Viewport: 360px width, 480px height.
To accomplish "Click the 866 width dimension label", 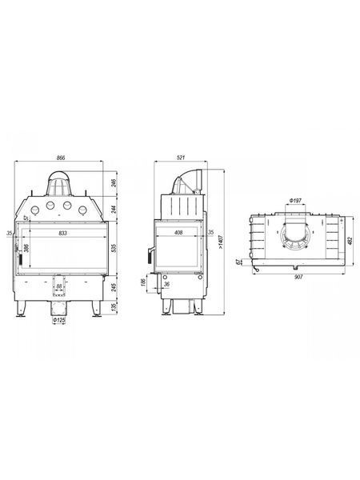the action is click(x=62, y=158).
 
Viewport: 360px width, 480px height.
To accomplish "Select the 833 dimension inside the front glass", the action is click(x=62, y=234).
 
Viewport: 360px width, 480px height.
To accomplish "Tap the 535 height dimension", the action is click(x=114, y=247).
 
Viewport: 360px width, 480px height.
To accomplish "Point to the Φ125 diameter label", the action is click(x=59, y=320).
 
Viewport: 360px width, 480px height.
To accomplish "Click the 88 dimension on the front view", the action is click(x=59, y=286).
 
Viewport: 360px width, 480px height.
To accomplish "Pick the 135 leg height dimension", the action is click(x=114, y=307).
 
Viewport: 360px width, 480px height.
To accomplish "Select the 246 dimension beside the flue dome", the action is click(x=114, y=183).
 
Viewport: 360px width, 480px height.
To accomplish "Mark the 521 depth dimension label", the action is click(x=182, y=158).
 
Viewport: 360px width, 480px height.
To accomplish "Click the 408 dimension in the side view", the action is click(x=178, y=233).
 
